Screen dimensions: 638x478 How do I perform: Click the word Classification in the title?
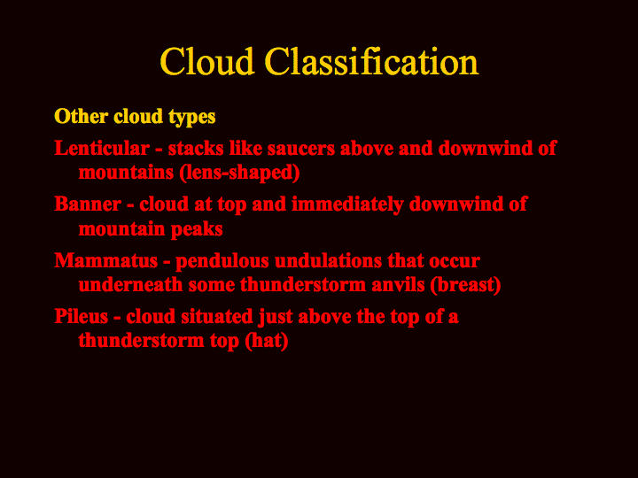[x=371, y=61]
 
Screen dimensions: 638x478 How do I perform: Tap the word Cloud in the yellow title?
[x=207, y=61]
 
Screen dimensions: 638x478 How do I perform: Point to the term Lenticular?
[x=102, y=148]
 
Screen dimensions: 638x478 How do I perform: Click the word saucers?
[x=301, y=148]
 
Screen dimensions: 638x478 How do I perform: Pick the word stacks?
[x=196, y=148]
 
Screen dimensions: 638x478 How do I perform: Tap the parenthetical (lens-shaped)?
[x=239, y=173]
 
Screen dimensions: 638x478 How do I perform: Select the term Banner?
[x=88, y=204]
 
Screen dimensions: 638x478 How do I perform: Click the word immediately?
[x=347, y=204]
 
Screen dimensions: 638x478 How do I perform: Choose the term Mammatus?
[x=105, y=260]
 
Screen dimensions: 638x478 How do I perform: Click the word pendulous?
[x=222, y=261]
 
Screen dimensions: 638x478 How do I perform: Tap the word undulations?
[x=329, y=260]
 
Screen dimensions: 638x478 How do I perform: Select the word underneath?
[x=130, y=284]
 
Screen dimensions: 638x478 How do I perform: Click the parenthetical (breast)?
[x=465, y=285]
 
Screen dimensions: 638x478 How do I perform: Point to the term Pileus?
[x=81, y=316]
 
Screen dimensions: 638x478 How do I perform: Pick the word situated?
[x=217, y=316]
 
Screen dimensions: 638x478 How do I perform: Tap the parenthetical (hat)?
[x=267, y=341]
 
